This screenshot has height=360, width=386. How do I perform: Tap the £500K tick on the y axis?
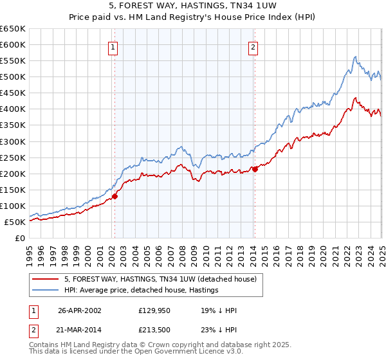point(12,76)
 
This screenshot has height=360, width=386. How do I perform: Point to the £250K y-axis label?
point(12,157)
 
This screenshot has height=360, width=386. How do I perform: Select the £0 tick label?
point(20,238)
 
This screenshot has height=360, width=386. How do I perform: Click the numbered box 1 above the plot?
point(113,46)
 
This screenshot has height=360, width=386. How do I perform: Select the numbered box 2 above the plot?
point(253,46)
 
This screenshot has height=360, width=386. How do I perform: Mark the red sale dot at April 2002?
point(115,196)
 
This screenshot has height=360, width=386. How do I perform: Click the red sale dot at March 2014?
point(255,169)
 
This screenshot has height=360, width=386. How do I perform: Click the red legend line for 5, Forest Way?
point(46,279)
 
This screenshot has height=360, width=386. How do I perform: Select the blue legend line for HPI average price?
point(46,290)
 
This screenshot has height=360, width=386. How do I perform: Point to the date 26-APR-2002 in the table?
point(79,310)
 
